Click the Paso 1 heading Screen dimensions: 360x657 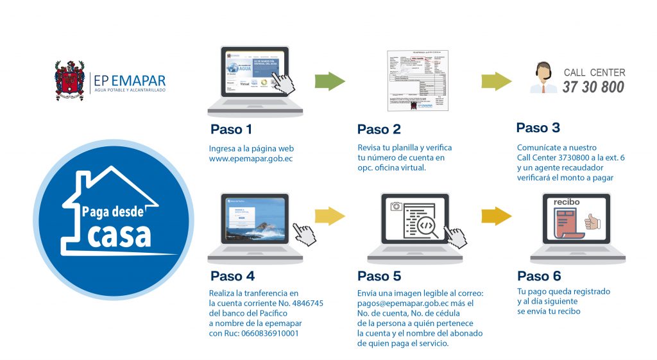tap(231, 130)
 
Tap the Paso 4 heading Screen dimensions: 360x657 tap(232, 277)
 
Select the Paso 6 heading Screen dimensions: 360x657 tap(539, 277)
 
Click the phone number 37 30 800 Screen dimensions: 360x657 tap(593, 87)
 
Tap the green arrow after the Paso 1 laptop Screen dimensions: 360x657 tap(330, 81)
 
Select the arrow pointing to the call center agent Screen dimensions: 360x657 tap(497, 81)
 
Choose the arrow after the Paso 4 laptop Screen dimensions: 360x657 tap(331, 216)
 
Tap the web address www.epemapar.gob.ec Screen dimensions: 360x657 tap(251, 158)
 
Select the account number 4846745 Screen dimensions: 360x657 tap(307, 303)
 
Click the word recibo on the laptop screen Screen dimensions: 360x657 tap(567, 202)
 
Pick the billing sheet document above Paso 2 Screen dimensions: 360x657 tap(418, 81)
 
